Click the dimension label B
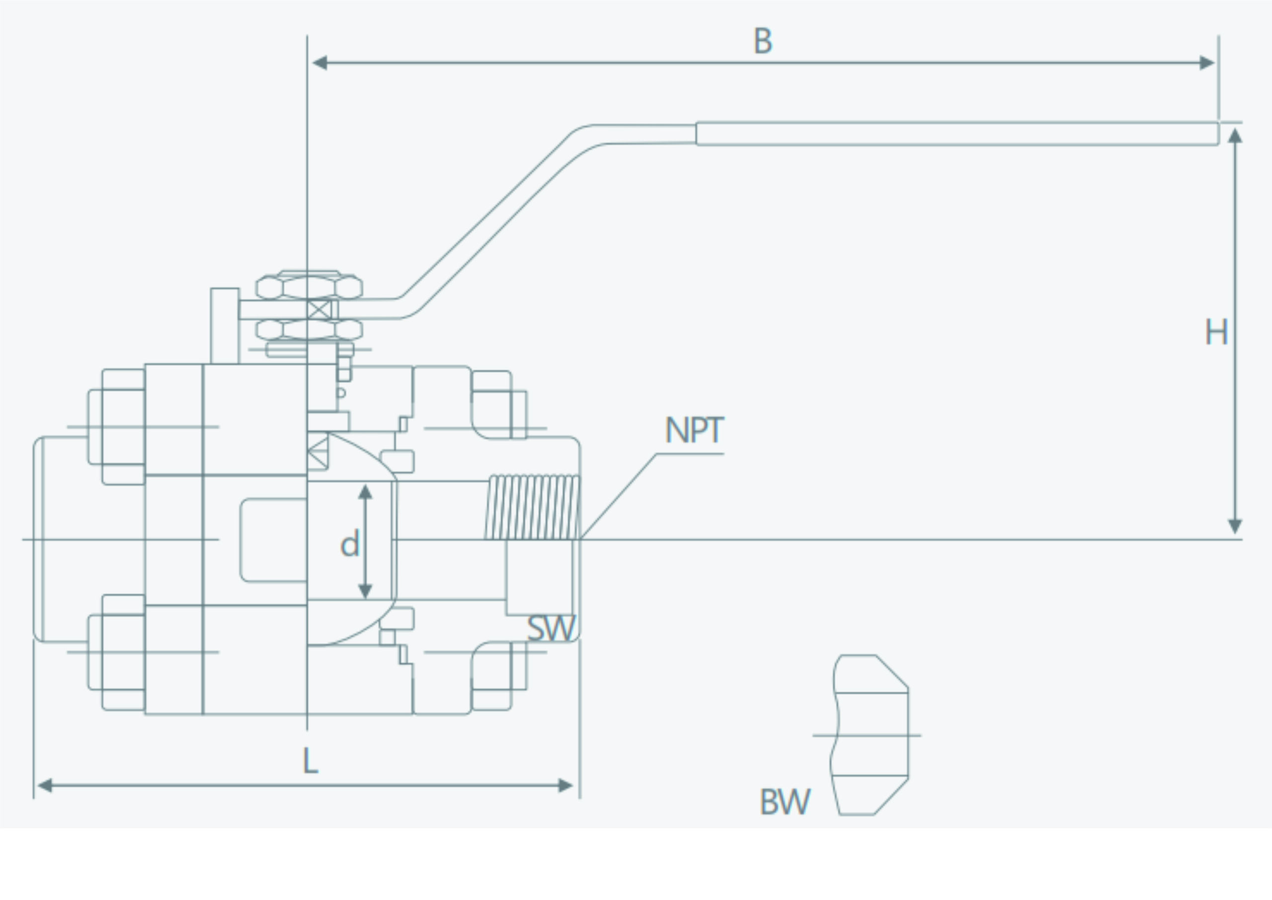click(763, 41)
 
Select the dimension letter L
click(310, 760)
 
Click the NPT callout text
click(694, 429)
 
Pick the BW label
click(785, 802)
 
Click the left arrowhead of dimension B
click(319, 63)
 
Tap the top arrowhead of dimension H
click(1234, 135)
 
